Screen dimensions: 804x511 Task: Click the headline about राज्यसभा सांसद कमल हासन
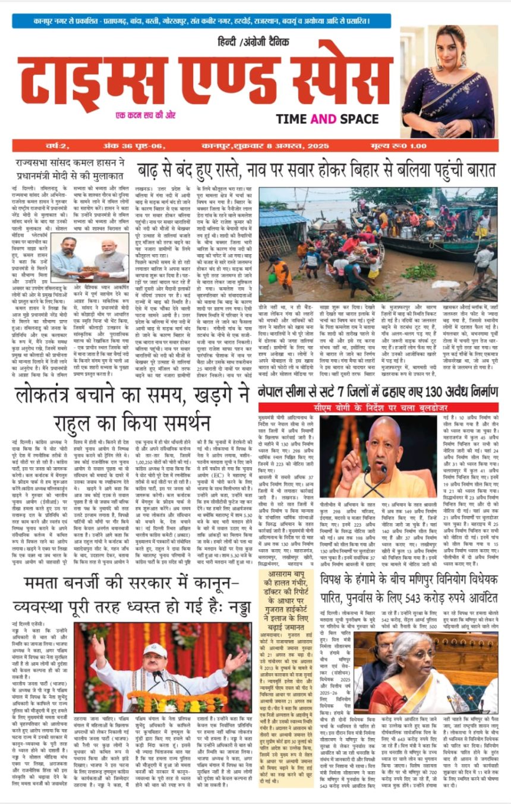tap(70, 169)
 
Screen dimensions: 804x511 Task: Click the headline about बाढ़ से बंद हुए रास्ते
tap(317, 168)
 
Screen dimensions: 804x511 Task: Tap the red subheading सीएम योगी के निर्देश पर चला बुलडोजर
tap(378, 407)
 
